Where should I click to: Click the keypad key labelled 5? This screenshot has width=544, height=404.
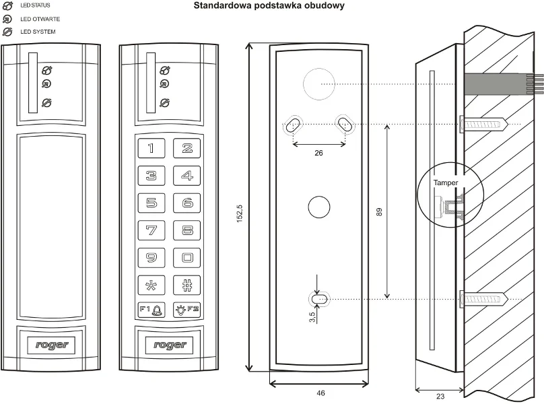pos(151,202)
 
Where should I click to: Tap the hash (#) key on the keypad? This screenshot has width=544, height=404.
pos(186,283)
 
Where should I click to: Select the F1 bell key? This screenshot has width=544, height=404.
pos(151,310)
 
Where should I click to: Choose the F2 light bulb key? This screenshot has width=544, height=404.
pos(186,310)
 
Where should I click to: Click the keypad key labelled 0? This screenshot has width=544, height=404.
pos(186,257)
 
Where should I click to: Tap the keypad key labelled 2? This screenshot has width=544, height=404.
pos(186,148)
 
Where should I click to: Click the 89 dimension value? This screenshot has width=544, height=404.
pos(380,212)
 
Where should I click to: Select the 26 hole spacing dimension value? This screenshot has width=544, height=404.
pos(318,154)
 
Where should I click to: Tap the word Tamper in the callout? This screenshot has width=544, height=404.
pos(446,183)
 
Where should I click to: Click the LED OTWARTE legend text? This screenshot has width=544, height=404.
pos(40,19)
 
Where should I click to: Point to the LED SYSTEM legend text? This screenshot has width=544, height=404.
pos(38,32)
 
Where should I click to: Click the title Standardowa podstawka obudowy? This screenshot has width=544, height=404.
pos(269,6)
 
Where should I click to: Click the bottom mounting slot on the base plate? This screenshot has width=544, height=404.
pos(319,298)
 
